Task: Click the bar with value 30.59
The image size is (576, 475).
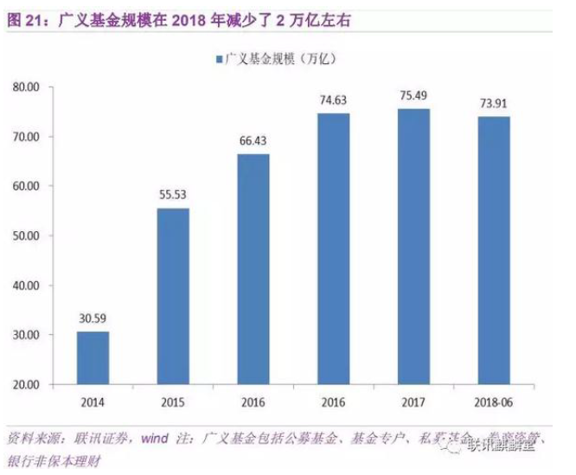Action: point(93,357)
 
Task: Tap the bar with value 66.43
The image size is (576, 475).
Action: point(253,268)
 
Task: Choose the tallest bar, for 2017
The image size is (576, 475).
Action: point(413,246)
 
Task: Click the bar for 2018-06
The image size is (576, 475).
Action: point(494,250)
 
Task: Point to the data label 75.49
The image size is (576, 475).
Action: point(413,97)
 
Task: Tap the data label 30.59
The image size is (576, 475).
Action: point(93,319)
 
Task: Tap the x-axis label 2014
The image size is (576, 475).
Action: point(93,403)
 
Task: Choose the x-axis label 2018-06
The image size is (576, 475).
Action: point(494,403)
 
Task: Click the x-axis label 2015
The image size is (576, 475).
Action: point(173,403)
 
